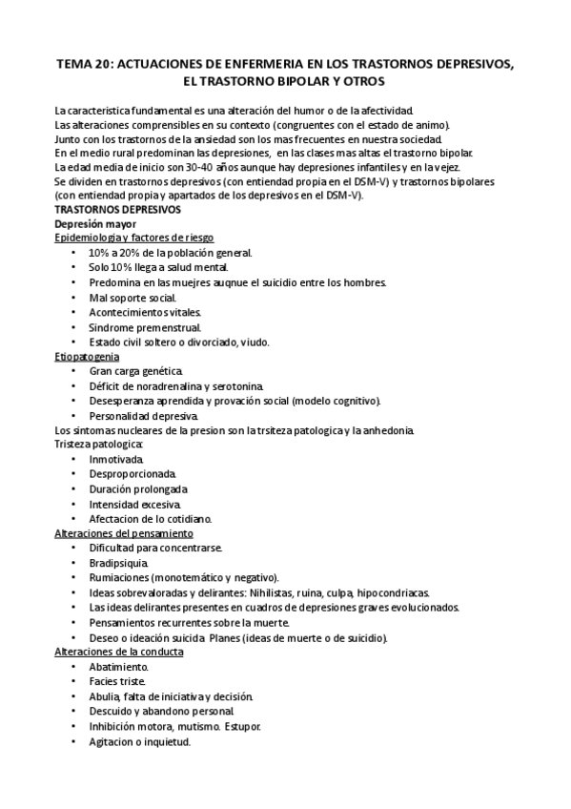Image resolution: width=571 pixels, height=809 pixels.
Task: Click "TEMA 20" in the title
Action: click(x=81, y=64)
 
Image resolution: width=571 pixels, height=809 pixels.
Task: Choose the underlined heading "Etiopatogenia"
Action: click(x=93, y=356)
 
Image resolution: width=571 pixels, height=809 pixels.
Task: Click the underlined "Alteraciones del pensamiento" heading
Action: click(x=123, y=533)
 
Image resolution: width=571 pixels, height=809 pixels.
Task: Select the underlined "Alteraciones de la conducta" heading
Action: click(x=119, y=652)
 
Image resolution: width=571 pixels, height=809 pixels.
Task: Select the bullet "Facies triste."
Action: click(x=117, y=682)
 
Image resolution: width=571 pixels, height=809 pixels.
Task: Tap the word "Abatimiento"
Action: click(x=118, y=667)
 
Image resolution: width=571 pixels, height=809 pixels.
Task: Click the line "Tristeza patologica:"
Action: click(x=99, y=445)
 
